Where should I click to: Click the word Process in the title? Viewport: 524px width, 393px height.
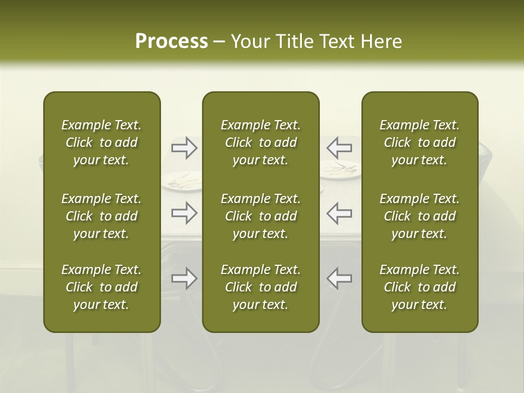point(171,41)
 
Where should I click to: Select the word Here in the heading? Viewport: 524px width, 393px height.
point(381,41)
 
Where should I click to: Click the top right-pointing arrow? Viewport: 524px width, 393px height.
point(184,147)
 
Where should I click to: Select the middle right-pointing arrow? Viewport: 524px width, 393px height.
point(184,213)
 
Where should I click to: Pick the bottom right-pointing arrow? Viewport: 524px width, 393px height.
point(184,278)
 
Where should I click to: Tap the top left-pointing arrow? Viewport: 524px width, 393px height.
point(339,147)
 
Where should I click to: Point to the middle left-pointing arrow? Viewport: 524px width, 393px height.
point(339,213)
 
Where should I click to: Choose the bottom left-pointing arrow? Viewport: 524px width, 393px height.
point(339,278)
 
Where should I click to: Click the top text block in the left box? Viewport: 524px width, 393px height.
point(102,142)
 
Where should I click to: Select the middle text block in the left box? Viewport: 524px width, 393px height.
point(102,216)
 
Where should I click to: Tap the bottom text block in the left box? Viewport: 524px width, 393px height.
point(102,287)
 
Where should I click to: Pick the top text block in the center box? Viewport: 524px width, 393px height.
point(260,142)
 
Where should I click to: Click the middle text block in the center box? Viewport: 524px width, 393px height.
point(260,216)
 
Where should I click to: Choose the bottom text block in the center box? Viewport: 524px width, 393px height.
point(260,287)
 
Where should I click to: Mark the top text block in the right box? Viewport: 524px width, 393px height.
point(419,142)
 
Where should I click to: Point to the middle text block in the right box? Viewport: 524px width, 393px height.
point(419,216)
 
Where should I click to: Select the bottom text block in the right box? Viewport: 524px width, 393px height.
point(419,287)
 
